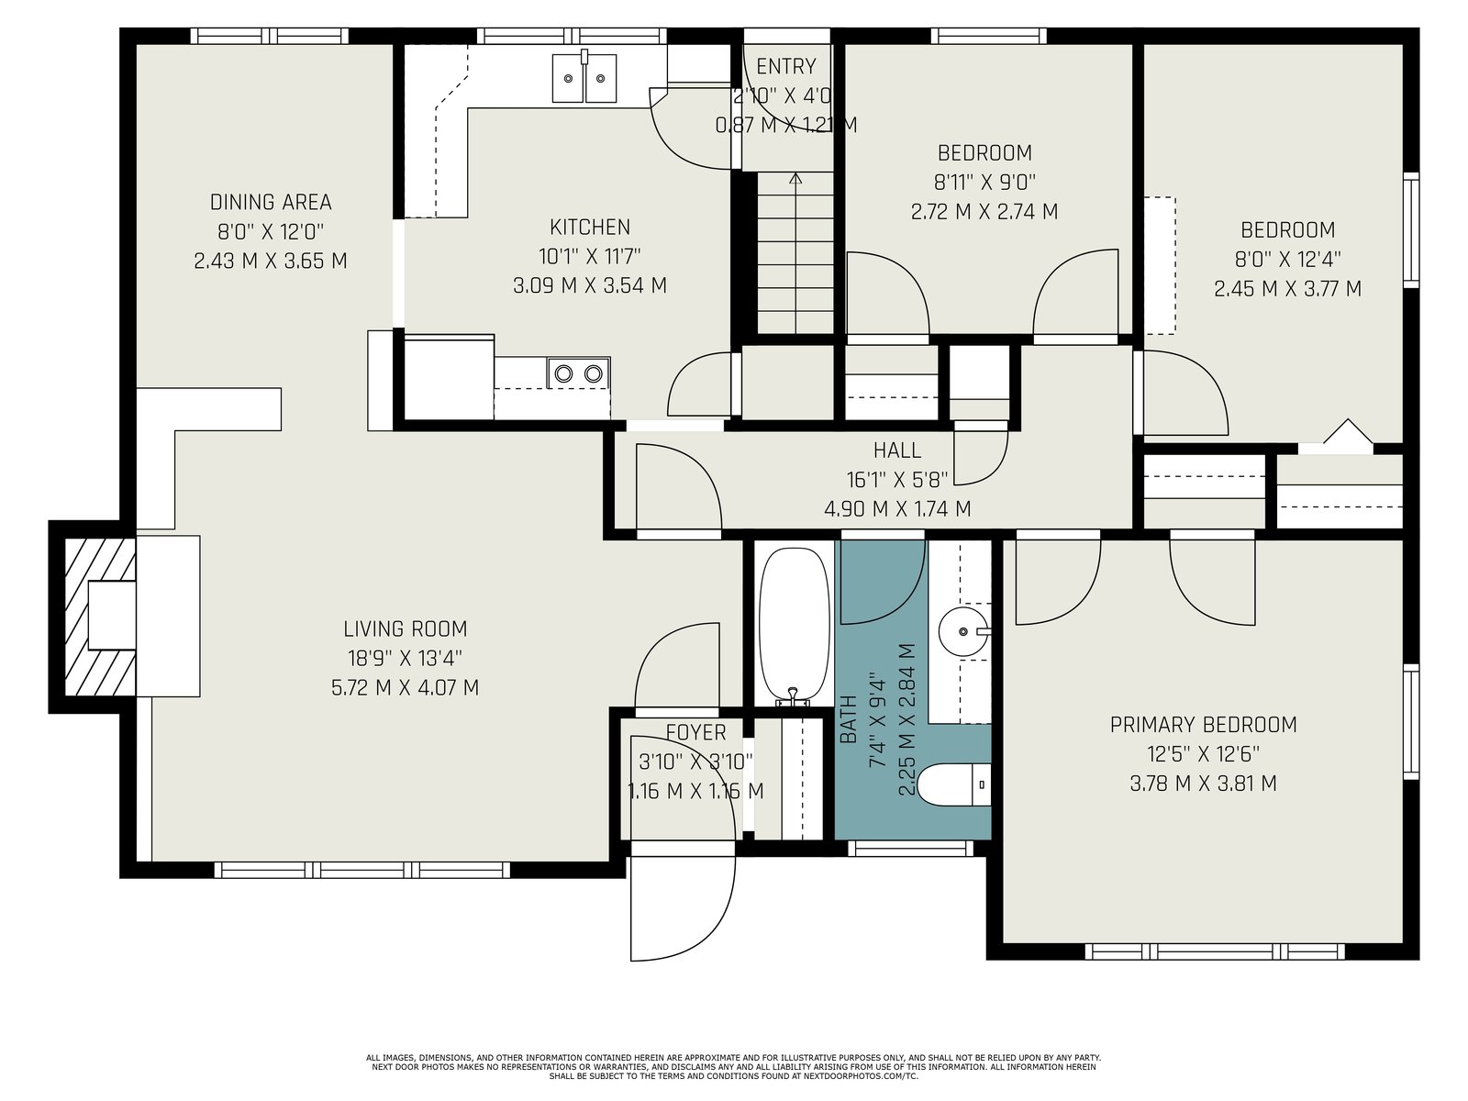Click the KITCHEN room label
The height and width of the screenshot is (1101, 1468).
pos(589,228)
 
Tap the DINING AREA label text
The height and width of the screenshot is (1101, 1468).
pos(270,202)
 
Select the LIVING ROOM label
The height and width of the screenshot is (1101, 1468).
pos(406,629)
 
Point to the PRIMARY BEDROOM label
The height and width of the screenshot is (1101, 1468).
pos(1203,725)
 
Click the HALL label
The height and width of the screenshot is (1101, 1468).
pos(896,450)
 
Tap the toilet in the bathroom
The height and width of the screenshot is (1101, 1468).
pos(953,784)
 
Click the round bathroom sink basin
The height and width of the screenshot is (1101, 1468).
pos(963,631)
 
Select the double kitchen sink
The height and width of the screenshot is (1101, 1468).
pos(584,78)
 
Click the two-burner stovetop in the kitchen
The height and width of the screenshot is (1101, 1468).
pos(579,373)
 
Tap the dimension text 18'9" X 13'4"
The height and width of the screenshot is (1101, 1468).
pos(406,659)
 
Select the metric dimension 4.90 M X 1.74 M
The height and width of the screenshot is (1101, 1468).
pos(896,508)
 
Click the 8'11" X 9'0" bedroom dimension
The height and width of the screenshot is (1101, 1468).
pos(984,183)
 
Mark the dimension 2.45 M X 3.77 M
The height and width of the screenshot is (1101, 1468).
pos(1287,289)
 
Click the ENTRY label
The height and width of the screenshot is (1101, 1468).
pos(785,67)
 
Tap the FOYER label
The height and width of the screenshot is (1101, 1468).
pos(695,733)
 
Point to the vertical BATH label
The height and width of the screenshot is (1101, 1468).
pos(848,719)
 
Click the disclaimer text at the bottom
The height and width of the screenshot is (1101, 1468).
pos(733,1067)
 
